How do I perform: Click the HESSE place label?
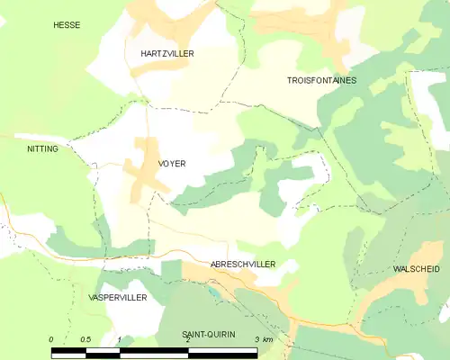67,25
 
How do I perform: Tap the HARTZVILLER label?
166,54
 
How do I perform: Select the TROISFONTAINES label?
321,80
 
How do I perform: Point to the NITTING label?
42,148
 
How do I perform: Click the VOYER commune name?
171,164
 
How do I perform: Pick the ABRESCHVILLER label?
242,264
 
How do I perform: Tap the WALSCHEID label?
417,269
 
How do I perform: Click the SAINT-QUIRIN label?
208,334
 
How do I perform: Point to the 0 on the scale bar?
51,339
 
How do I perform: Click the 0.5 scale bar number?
85,339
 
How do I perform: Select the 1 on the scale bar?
119,339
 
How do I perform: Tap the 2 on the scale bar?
186,339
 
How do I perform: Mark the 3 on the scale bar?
256,339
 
